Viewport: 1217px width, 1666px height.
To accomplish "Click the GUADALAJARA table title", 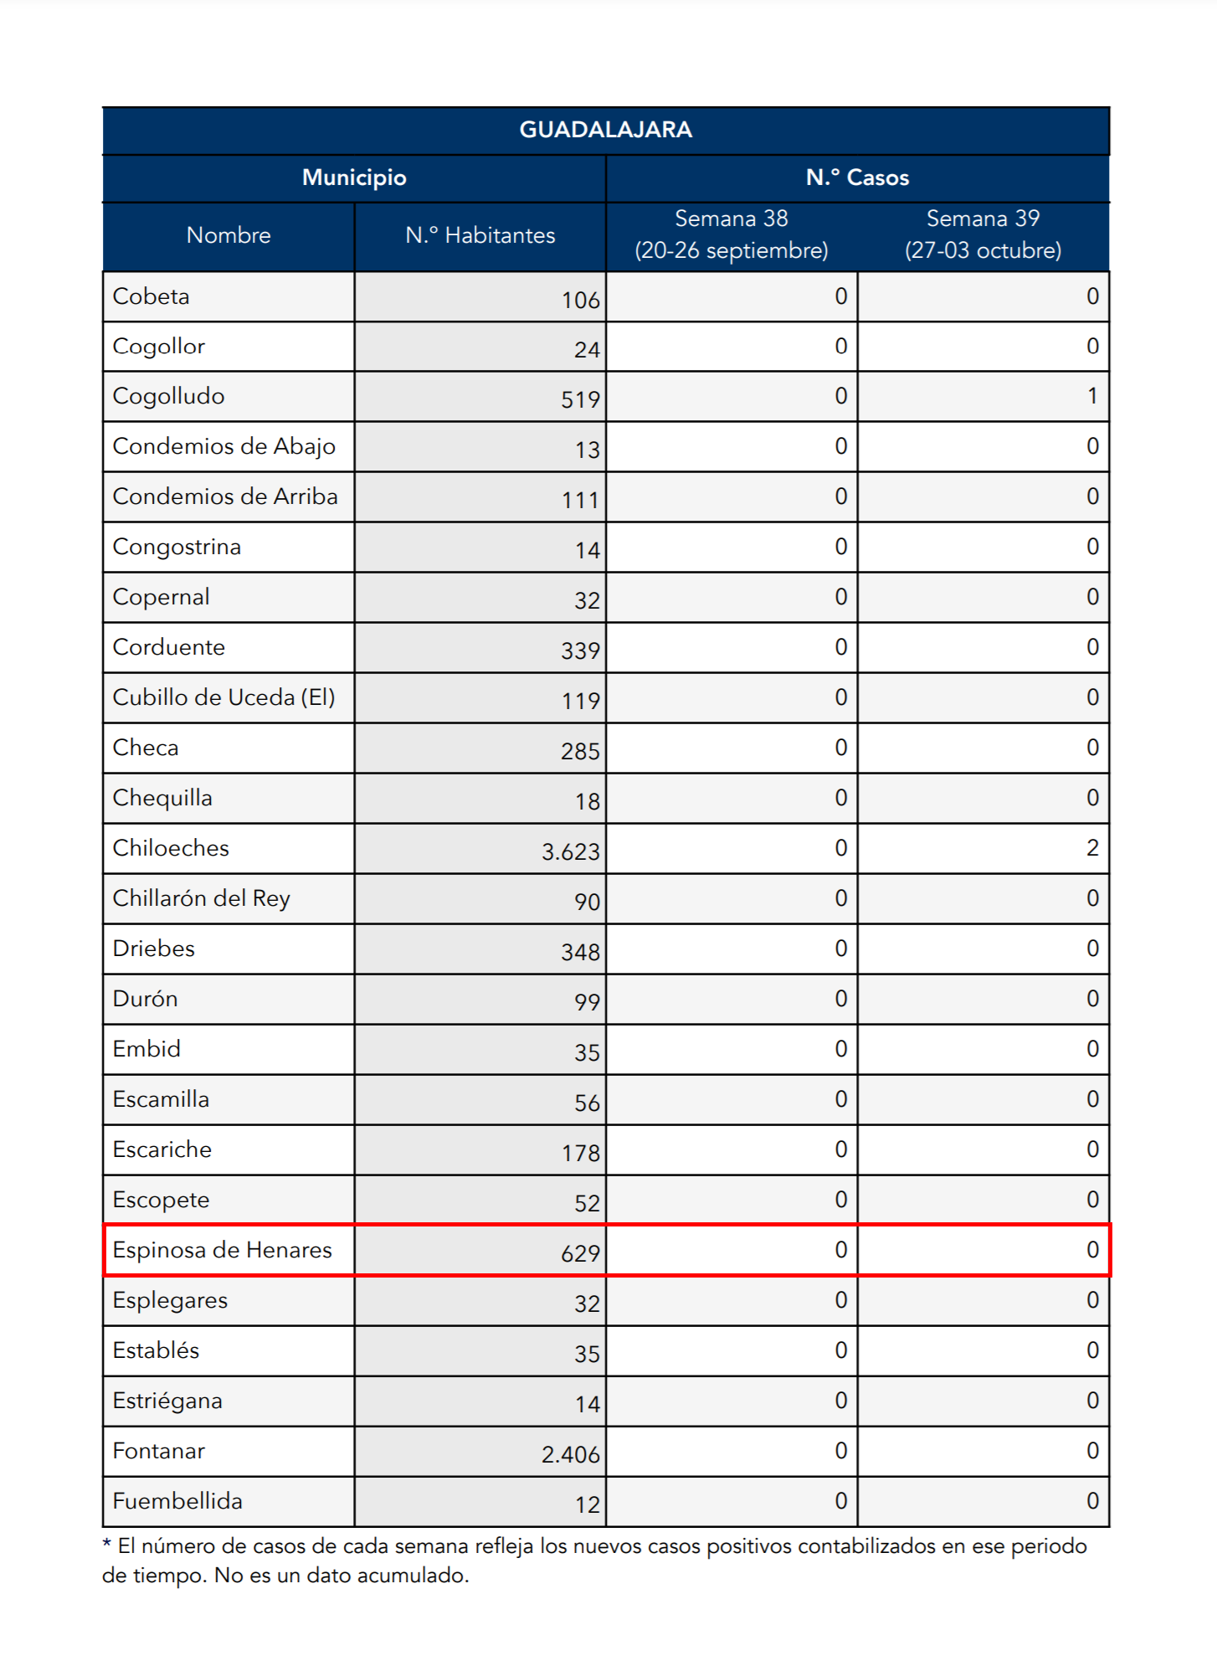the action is click(x=605, y=130).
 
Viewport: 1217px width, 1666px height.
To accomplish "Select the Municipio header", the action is click(x=354, y=177).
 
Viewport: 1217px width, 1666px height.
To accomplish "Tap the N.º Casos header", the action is click(x=857, y=177).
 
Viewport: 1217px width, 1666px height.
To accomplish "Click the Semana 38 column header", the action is click(x=732, y=234).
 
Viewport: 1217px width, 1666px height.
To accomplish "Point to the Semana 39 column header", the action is click(x=983, y=234).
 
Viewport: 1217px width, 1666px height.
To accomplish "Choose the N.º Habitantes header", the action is click(x=480, y=235).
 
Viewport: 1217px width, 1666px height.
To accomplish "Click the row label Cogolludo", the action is click(x=168, y=397).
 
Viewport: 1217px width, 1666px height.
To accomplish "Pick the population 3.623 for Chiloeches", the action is click(x=571, y=852).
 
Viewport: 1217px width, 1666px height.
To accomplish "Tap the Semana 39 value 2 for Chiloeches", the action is click(x=1092, y=848).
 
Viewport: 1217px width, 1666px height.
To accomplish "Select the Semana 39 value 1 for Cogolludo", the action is click(x=1092, y=396).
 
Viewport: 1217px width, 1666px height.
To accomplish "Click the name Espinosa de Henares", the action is click(x=222, y=1250).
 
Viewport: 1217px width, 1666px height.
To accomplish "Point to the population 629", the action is click(x=580, y=1254).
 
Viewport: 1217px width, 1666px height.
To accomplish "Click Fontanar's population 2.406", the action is click(x=571, y=1455).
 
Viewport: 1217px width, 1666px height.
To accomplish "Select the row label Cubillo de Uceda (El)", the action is click(x=223, y=697).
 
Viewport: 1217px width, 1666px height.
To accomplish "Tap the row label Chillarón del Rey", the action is click(x=201, y=898).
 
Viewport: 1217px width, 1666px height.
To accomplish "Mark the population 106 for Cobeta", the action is click(x=580, y=301).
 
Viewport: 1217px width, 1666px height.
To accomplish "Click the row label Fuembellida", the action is click(x=177, y=1501).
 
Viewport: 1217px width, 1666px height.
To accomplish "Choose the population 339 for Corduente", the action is click(x=580, y=651).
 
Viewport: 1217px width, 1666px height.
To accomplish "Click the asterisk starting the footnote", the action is click(x=107, y=1543).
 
